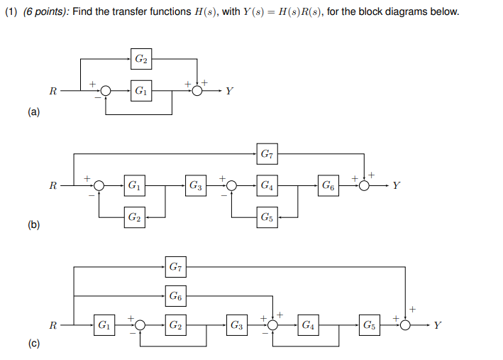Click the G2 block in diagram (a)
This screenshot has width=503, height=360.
pos(141,59)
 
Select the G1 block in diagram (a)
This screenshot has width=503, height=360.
pos(141,91)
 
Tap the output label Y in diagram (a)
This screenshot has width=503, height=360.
pos(230,92)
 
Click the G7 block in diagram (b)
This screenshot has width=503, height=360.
pos(266,153)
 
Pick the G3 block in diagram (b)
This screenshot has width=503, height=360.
pos(196,186)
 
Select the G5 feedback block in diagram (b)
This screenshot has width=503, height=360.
pos(266,217)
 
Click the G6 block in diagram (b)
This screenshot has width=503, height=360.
pos(328,186)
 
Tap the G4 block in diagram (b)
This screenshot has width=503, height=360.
pos(266,186)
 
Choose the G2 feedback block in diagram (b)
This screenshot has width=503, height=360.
pos(133,217)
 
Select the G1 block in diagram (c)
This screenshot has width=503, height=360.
pos(104,326)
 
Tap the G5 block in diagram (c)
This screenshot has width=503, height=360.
pos(370,326)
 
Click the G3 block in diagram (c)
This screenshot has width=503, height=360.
pos(237,326)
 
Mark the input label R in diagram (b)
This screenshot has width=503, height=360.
pos(52,187)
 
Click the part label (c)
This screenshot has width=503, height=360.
pos(34,343)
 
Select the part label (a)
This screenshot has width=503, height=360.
pos(34,112)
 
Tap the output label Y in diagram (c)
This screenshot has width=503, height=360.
pos(438,326)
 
